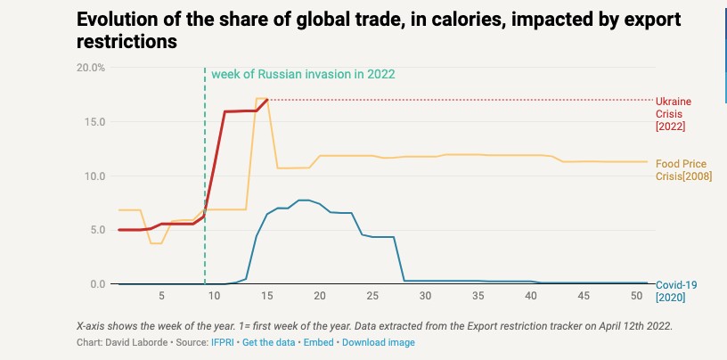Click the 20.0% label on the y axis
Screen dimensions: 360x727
click(x=92, y=68)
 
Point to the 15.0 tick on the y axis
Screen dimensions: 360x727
click(x=94, y=122)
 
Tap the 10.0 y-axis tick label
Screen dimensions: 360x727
click(x=94, y=176)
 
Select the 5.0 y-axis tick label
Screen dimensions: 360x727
click(x=97, y=230)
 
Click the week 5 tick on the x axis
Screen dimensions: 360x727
click(x=161, y=296)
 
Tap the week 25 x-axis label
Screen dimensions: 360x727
click(x=372, y=296)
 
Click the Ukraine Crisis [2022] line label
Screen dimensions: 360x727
click(x=674, y=113)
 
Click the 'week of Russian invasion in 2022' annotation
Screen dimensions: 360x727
click(x=302, y=74)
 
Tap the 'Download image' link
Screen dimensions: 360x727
click(x=379, y=342)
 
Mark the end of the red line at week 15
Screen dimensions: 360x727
click(x=267, y=100)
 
